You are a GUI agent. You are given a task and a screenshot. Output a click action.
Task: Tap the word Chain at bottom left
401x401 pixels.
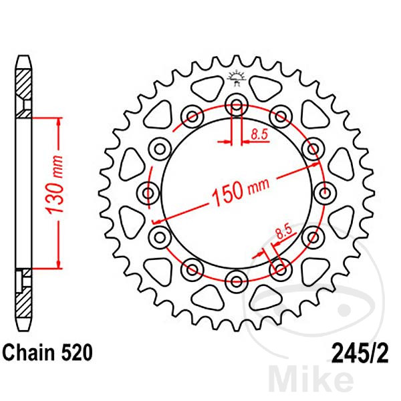click(26, 350)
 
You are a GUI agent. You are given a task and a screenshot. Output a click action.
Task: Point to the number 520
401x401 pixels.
click(68, 350)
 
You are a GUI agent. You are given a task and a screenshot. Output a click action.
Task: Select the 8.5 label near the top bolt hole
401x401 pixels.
click(259, 134)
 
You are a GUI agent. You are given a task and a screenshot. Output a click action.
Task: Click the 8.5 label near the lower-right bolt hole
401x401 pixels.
click(283, 234)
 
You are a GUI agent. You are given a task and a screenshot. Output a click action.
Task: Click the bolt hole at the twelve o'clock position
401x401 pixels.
click(235, 104)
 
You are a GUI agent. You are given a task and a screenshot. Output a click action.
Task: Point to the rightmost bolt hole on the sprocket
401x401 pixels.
click(324, 193)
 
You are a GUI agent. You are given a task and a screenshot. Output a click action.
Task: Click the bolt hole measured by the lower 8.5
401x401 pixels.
click(280, 267)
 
